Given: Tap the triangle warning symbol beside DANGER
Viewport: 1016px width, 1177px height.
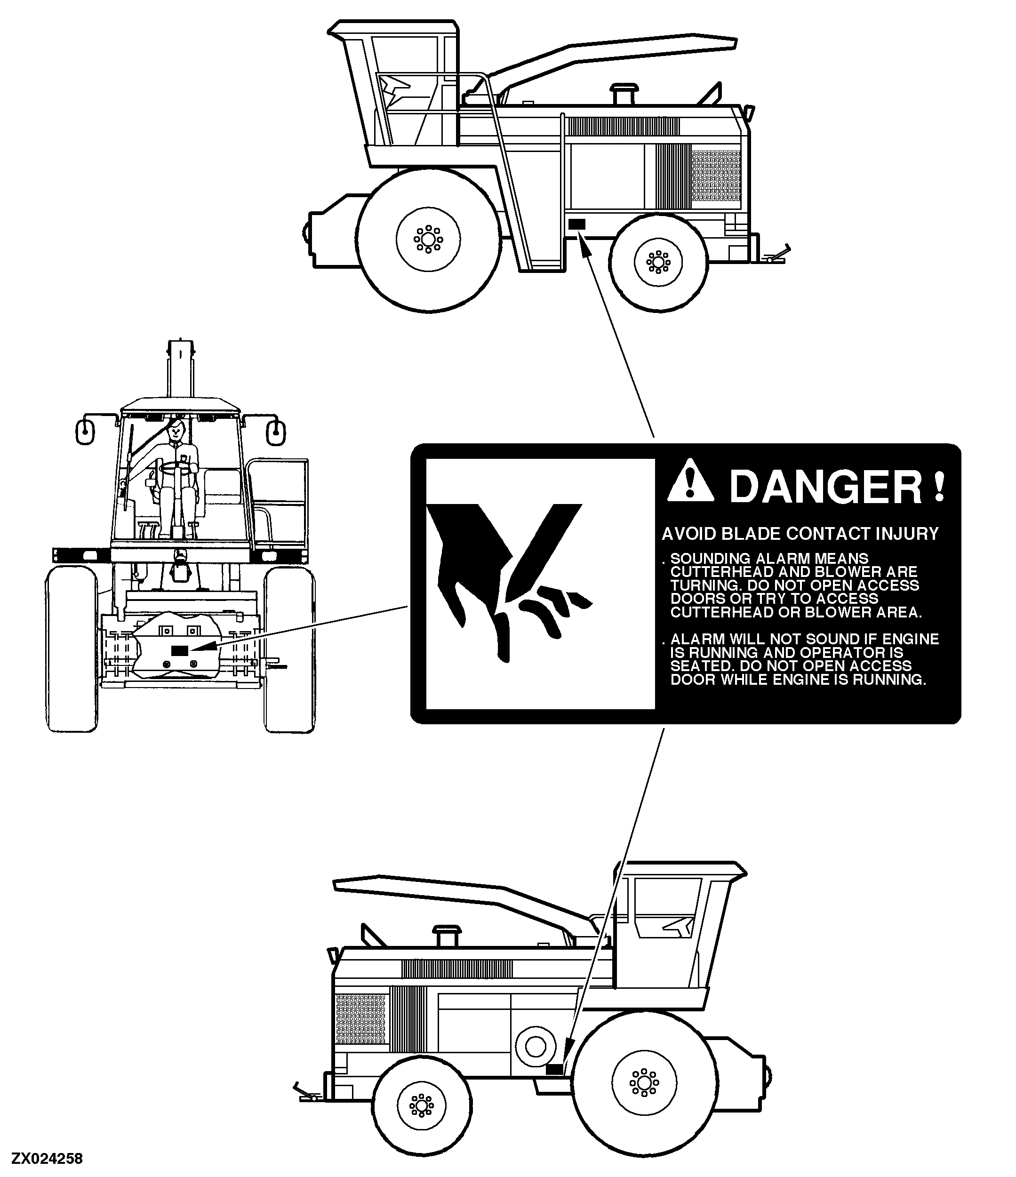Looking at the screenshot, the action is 690,480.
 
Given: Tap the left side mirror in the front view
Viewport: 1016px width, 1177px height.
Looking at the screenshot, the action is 85,431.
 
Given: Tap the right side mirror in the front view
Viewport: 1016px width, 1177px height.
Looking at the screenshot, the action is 276,431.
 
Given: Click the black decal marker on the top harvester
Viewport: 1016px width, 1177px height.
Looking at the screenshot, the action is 576,224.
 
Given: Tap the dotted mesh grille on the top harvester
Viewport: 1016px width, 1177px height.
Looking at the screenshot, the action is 717,176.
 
